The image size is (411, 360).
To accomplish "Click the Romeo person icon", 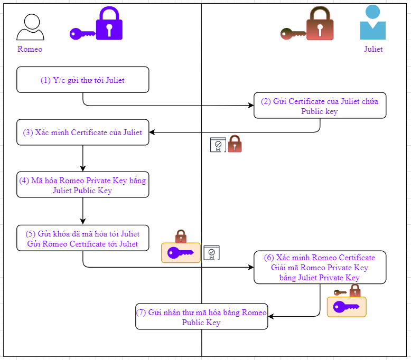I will [30, 27].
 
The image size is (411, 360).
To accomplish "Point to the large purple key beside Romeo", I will [82, 34].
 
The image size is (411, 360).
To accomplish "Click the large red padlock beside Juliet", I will [321, 24].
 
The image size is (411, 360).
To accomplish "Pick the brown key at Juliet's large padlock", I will [293, 34].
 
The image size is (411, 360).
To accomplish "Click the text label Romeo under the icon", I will [30, 49].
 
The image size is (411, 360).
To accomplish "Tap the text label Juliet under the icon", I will [373, 49].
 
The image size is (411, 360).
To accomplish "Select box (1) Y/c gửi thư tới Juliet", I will [83, 80].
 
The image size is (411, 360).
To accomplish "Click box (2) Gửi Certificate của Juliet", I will [320, 106].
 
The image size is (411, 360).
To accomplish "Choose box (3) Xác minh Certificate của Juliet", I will [83, 132].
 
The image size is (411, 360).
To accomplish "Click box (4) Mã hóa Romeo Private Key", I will [83, 185].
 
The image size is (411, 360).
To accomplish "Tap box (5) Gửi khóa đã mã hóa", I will [83, 238].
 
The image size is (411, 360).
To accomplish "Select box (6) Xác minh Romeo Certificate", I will [320, 267].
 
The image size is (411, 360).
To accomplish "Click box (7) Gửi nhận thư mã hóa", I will [201, 317].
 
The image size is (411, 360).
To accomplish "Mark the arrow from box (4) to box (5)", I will [83, 211].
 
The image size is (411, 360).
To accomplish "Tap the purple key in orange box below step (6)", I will [347, 307].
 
